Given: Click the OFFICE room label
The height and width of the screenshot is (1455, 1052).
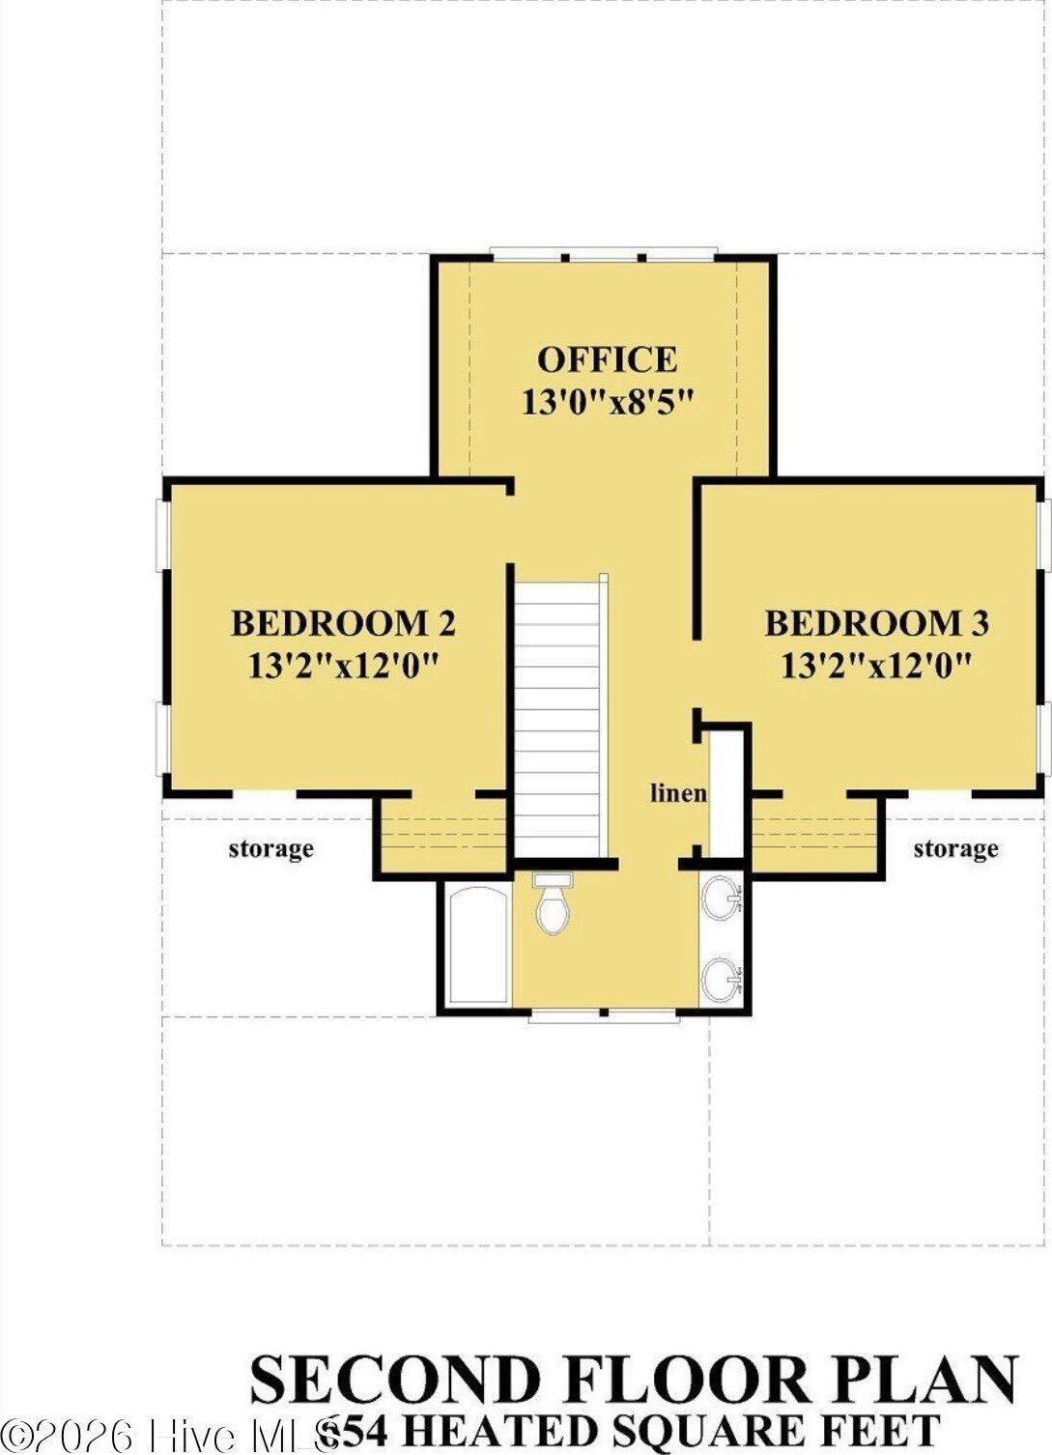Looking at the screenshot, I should click(607, 359).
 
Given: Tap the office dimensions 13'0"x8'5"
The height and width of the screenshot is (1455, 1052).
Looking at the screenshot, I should click(609, 402).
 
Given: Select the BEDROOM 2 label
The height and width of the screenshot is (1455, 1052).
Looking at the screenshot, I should click(343, 623).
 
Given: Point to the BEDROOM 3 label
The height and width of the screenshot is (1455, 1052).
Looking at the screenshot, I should click(876, 623).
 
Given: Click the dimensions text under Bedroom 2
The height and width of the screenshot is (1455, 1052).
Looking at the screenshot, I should click(343, 666).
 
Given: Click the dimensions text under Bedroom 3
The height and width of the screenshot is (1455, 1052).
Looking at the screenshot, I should click(876, 666).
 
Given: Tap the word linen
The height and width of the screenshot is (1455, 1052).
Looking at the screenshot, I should click(678, 793).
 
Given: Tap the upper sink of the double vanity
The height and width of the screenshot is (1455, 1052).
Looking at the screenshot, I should click(720, 899).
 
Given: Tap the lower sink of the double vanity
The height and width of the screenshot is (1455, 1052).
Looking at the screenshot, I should click(720, 980).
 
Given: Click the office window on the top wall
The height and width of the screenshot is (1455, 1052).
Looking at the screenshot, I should click(604, 256).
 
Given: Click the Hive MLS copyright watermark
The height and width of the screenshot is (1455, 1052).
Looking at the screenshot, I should click(164, 1435).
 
